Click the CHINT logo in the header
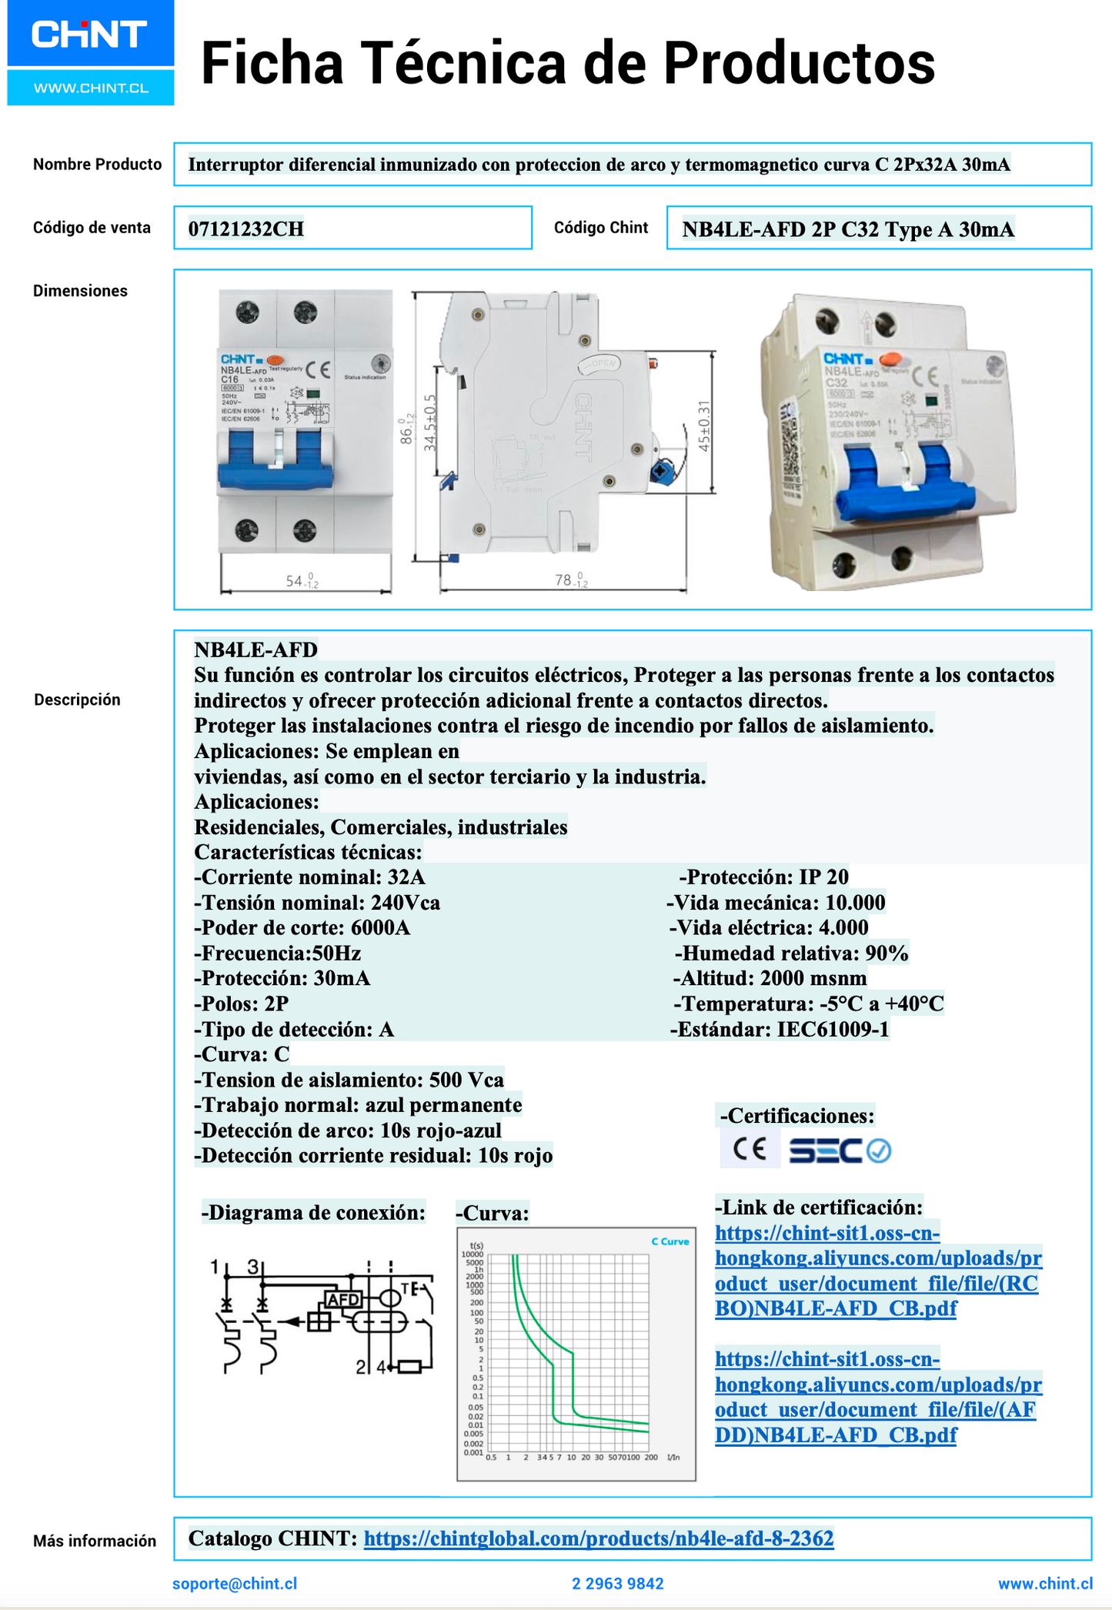coord(89,35)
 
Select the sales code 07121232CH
coord(246,229)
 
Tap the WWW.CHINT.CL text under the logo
coord(91,88)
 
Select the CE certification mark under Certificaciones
coord(750,1150)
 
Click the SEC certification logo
coord(839,1151)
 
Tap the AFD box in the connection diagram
coord(343,1299)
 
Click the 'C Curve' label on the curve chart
coord(670,1241)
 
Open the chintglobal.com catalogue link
coord(598,1538)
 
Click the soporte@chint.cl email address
coord(235,1583)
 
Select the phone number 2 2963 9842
coord(617,1583)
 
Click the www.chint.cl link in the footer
coord(1044,1583)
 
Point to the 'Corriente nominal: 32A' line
coord(309,877)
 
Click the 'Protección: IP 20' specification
coord(763,877)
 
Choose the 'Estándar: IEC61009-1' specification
coord(779,1029)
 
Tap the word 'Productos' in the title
coord(799,63)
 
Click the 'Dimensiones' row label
coord(80,291)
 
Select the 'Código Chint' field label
coord(601,228)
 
